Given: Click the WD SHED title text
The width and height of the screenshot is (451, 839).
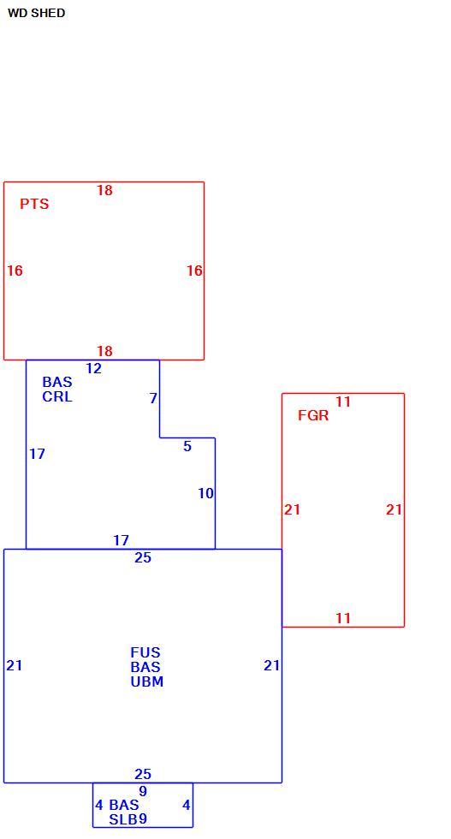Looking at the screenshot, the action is tap(37, 14).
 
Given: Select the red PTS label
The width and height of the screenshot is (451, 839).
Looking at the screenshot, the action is tap(34, 204).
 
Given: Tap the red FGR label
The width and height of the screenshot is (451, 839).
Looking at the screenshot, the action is tap(313, 416).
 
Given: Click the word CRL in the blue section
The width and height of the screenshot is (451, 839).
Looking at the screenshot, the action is tap(57, 397).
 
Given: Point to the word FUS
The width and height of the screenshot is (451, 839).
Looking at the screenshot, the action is tap(145, 652).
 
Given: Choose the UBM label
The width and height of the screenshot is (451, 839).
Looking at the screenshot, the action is tap(147, 681).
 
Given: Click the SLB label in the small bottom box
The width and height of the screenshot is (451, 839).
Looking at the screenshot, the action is tap(123, 819).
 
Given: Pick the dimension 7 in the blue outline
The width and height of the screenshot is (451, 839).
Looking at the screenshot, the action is tap(153, 399).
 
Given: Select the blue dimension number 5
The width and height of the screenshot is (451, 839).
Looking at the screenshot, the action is tap(187, 446).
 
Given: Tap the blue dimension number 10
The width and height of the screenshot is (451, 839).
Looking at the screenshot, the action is tap(206, 493).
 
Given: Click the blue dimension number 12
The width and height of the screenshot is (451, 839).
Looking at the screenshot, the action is tap(93, 369).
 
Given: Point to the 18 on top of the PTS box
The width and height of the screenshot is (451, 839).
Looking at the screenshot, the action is tap(105, 190).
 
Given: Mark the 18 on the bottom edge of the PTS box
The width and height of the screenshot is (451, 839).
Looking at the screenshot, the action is tap(105, 351).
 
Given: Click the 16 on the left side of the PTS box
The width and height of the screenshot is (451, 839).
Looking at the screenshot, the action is tap(15, 271).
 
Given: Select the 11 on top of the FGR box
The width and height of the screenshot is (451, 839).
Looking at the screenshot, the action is tap(343, 402).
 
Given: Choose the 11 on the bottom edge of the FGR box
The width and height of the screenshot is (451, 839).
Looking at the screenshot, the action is tap(343, 618).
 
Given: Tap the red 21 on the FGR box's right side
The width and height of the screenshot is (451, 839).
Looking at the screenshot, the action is tap(395, 510).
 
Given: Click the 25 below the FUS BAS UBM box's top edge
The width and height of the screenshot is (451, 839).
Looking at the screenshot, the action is tap(143, 557).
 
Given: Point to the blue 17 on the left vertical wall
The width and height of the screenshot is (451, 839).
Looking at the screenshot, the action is tap(37, 455).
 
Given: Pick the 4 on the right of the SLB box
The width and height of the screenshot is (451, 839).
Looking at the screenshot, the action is tap(187, 805).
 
